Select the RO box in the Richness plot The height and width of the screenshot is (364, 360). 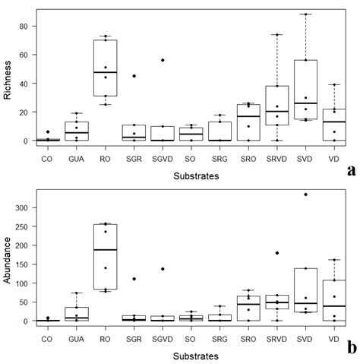pos(106,67)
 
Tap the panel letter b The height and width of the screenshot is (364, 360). pos(350,349)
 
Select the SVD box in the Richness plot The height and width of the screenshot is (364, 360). pos(305,90)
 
